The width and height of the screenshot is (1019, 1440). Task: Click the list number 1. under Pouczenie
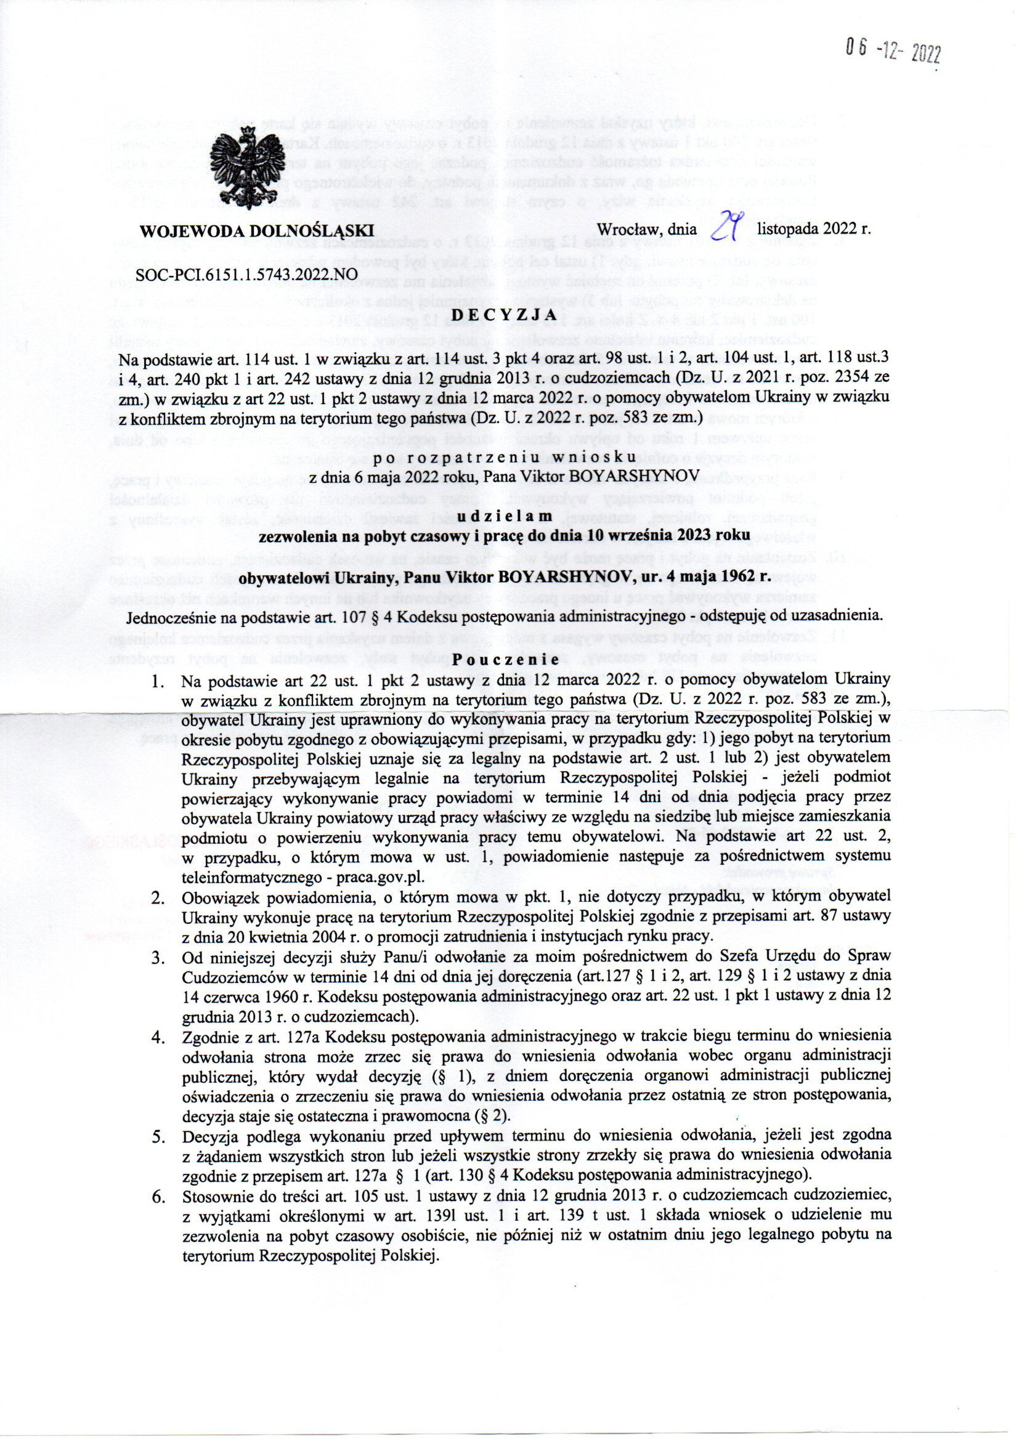tap(158, 681)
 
